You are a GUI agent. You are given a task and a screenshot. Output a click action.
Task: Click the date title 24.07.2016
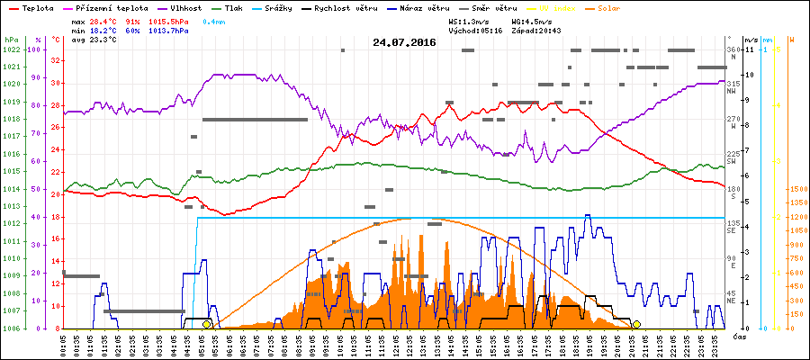coord(404,41)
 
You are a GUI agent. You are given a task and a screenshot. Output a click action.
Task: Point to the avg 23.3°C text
coord(89,40)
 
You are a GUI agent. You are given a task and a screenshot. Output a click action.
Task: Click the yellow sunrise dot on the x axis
coord(206,324)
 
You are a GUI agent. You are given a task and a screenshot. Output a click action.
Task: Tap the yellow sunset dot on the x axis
coord(637,324)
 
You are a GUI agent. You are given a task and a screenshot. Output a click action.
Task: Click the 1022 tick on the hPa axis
coord(11,49)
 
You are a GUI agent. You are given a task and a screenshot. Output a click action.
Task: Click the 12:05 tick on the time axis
coord(397,344)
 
